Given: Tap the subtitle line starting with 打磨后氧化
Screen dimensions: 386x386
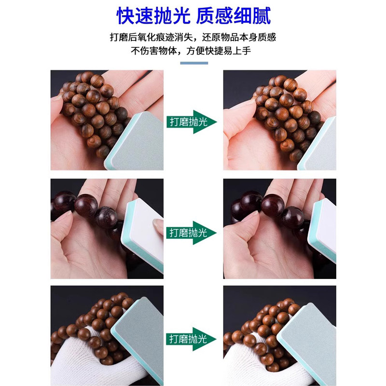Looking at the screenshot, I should point(193,37).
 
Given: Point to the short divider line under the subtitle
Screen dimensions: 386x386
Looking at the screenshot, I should point(193,63).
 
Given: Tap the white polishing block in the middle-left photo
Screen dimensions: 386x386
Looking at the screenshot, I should point(145,232).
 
